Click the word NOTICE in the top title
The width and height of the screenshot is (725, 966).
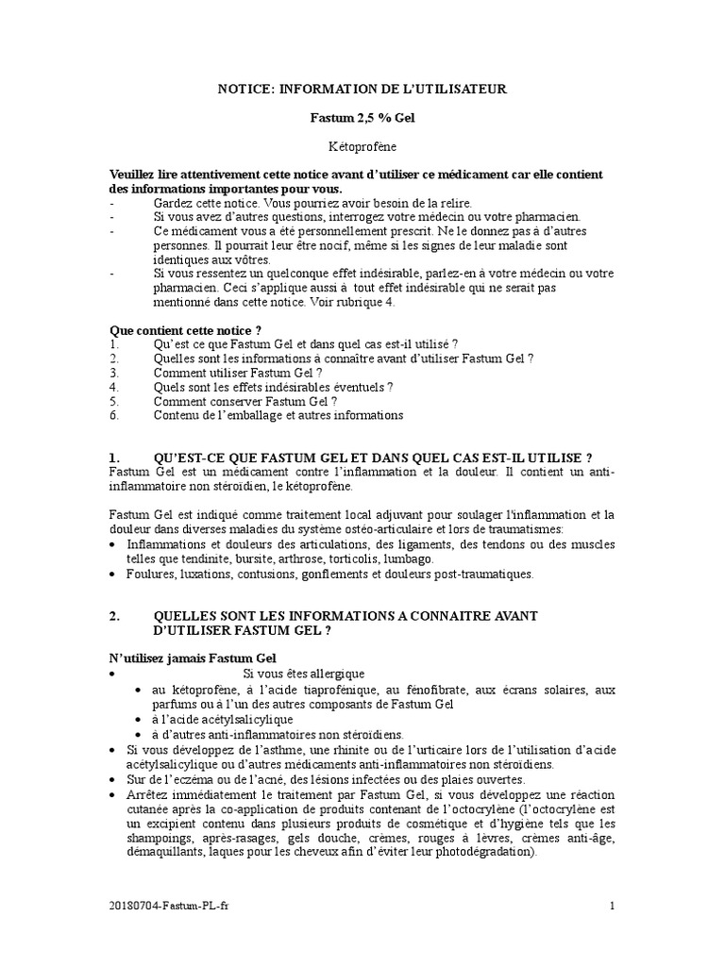[243, 89]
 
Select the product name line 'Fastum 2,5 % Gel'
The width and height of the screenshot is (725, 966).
[362, 119]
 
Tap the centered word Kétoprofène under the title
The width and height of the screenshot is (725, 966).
[362, 148]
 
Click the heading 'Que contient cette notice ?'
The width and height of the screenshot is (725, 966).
[186, 330]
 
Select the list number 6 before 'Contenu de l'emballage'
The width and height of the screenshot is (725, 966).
[112, 415]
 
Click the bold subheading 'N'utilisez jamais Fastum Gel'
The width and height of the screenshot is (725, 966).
[194, 658]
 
